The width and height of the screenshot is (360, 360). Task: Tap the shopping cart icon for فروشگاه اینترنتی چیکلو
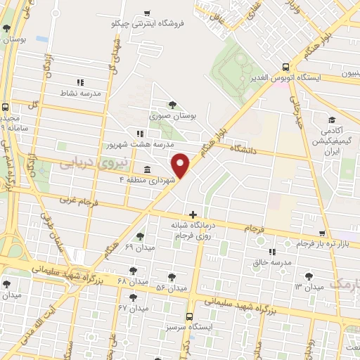[x=146, y=13]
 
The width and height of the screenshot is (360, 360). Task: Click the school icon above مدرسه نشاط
[x=79, y=82]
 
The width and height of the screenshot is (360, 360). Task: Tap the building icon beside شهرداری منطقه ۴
[x=146, y=169]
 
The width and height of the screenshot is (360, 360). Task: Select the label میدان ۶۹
[x=139, y=247]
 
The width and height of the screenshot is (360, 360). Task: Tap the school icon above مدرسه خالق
[x=272, y=251]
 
